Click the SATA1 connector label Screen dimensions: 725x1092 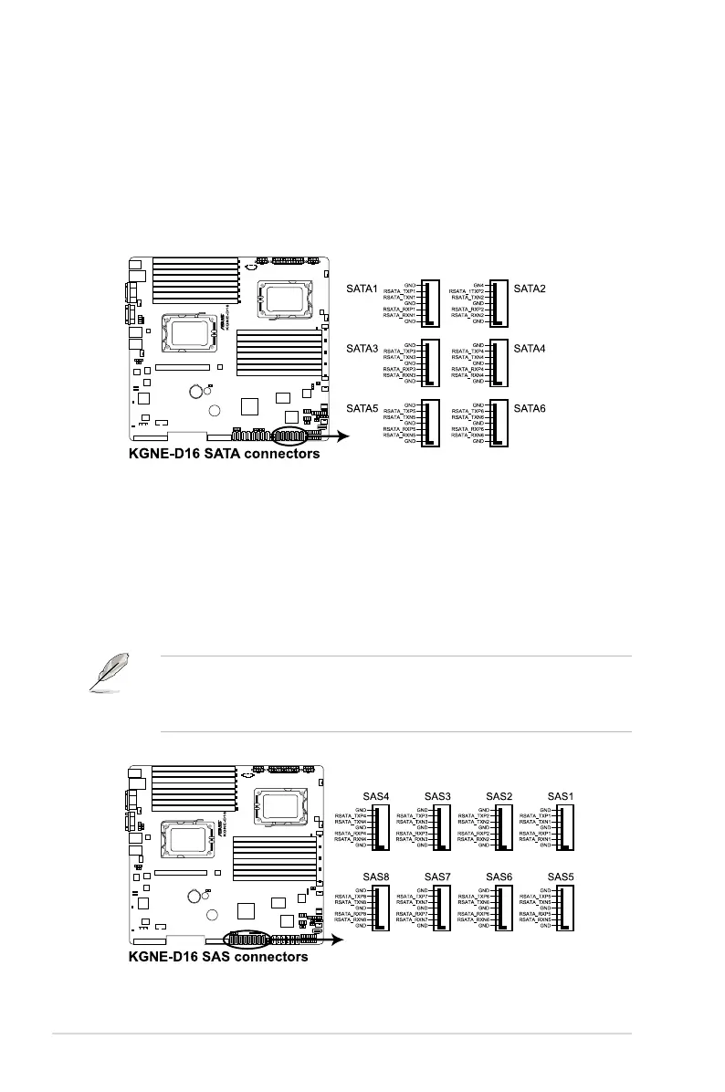point(362,289)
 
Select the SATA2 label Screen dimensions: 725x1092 point(531,289)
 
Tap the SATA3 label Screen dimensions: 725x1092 point(362,349)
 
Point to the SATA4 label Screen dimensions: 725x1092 point(531,349)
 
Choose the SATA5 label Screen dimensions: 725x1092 point(362,408)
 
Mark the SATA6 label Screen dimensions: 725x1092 point(531,408)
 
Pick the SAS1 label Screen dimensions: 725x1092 point(560,796)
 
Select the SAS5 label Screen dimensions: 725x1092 point(560,877)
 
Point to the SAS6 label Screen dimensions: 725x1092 point(499,877)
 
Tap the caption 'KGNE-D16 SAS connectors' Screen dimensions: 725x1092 point(217,957)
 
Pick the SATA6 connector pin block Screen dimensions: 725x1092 point(499,424)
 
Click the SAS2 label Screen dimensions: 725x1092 point(499,796)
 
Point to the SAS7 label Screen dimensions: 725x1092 point(437,877)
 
